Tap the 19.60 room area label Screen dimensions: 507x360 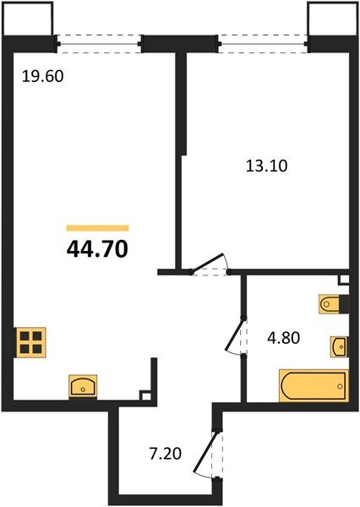(x=42, y=75)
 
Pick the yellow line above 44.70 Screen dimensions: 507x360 (x=97, y=228)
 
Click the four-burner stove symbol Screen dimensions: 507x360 (x=31, y=342)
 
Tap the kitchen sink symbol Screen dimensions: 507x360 (x=83, y=386)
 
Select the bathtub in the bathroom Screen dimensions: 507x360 (x=313, y=386)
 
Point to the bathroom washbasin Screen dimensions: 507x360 (x=339, y=346)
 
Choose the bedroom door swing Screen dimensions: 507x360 (x=211, y=263)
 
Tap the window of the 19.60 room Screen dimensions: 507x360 (x=100, y=40)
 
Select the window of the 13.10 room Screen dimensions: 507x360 (x=263, y=40)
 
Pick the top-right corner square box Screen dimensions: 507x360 (x=328, y=19)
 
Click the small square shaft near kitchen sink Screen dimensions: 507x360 (x=146, y=395)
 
